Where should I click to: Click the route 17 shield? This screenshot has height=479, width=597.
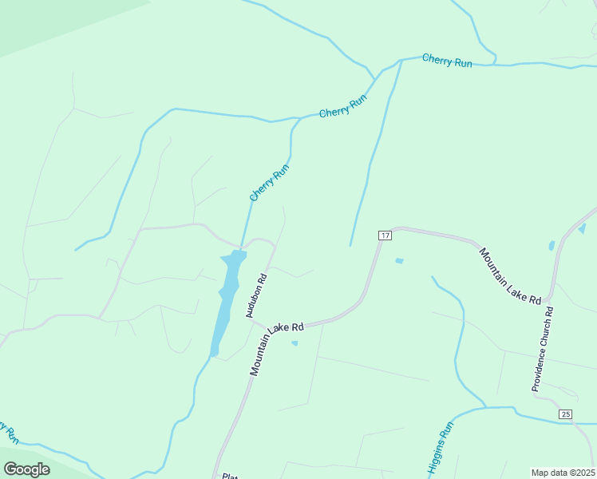[x=385, y=236]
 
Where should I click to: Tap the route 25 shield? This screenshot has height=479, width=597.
[x=565, y=414]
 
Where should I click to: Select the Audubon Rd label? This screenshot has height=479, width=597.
[x=255, y=295]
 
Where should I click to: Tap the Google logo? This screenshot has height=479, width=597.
[x=26, y=469]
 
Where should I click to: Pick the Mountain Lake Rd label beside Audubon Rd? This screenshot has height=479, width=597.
[x=276, y=349]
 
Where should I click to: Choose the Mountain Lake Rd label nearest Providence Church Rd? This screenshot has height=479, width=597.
[x=510, y=275]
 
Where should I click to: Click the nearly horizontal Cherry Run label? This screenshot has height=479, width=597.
[x=447, y=61]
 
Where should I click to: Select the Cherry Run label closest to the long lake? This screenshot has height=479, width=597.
[x=269, y=183]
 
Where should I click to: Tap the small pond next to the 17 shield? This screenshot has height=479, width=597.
[x=399, y=260]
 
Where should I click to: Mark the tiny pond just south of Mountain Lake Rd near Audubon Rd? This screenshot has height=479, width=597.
[x=295, y=343]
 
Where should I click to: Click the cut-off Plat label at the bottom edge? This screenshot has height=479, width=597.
[x=230, y=476]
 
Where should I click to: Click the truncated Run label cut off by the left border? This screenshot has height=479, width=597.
[x=10, y=434]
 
